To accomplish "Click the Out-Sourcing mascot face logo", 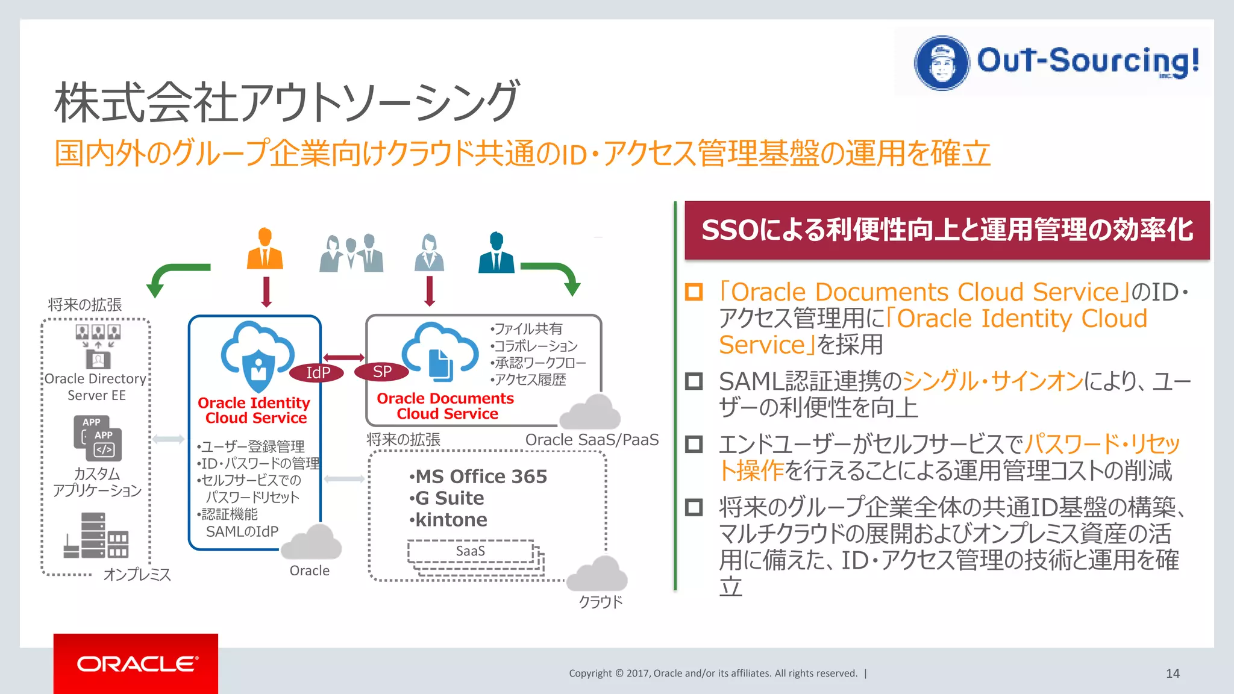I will point(942,63).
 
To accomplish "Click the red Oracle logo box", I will point(136,663).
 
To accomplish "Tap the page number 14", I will point(1173,674).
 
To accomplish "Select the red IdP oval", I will point(317,373).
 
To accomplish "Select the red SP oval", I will point(382,372).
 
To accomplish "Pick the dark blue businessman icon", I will point(496,253).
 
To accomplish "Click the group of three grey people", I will point(351,254).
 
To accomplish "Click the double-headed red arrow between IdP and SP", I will point(343,357).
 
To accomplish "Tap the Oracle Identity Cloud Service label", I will point(254,410).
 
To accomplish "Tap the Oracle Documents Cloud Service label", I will point(445,406).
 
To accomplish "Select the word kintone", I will point(451,520).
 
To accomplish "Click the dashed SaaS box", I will point(471,551).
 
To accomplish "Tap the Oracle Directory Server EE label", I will point(96,387).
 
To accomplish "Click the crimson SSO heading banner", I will point(947,230).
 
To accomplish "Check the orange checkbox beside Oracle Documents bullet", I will point(694,292).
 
